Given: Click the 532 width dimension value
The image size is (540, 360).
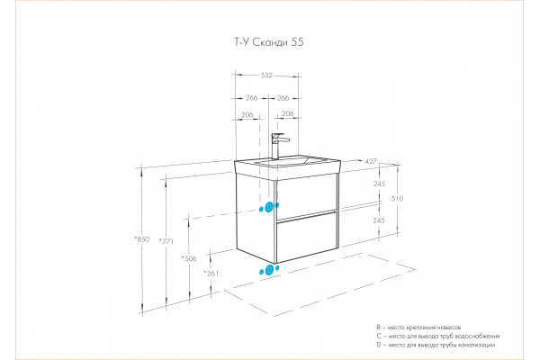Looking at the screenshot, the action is pyautogui.click(x=266, y=75).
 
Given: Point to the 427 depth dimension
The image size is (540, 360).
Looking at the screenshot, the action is pyautogui.click(x=371, y=161).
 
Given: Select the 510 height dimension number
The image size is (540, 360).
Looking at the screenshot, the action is pyautogui.click(x=397, y=198).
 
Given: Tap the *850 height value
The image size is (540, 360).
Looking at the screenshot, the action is pyautogui.click(x=142, y=239).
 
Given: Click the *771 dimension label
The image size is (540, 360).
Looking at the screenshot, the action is pyautogui.click(x=166, y=241).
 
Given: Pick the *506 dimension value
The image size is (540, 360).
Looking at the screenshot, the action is pyautogui.click(x=189, y=258).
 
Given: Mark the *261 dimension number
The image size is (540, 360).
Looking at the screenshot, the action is pyautogui.click(x=211, y=274).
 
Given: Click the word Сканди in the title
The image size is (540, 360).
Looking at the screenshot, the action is pyautogui.click(x=270, y=42).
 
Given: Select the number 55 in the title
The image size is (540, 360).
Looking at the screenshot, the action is pyautogui.click(x=297, y=42).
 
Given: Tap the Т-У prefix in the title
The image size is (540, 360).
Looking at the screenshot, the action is pyautogui.click(x=242, y=42).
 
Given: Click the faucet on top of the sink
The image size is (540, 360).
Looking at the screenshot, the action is pyautogui.click(x=277, y=146).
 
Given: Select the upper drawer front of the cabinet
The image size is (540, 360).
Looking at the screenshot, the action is pyautogui.click(x=306, y=196).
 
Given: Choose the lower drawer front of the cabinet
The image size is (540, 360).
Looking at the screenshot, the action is pyautogui.click(x=307, y=237).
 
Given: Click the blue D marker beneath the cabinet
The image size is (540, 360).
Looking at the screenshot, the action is pyautogui.click(x=270, y=270).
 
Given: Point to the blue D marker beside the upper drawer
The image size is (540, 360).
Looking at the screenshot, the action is pyautogui.click(x=269, y=207).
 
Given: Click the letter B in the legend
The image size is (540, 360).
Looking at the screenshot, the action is pyautogui.click(x=379, y=328).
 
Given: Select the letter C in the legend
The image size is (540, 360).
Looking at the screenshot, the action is pyautogui.click(x=379, y=336).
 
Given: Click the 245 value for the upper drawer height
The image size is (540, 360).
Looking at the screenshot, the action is pyautogui.click(x=379, y=184).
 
